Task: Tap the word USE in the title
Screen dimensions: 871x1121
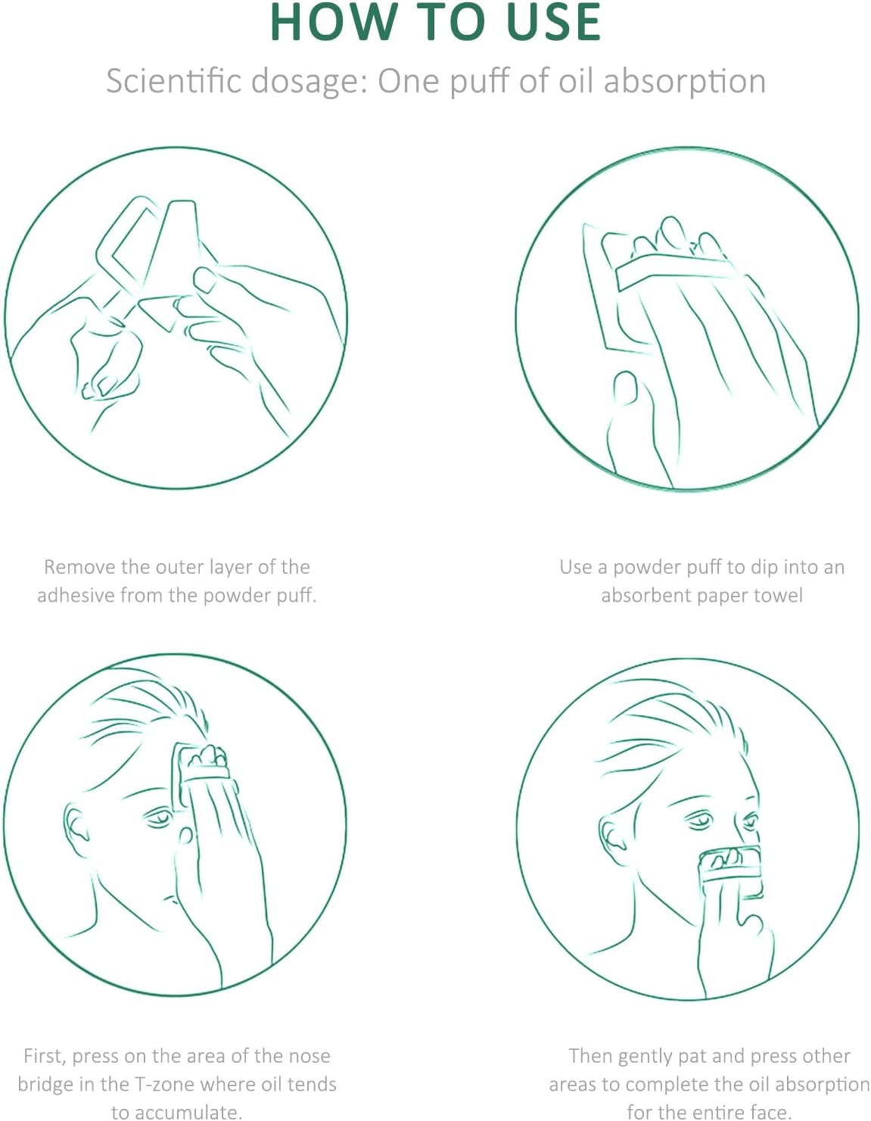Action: point(553,22)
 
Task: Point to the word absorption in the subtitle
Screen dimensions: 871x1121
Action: point(684,83)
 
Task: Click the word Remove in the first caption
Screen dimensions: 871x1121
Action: point(79,567)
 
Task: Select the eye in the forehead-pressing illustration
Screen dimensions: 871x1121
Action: point(158,817)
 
